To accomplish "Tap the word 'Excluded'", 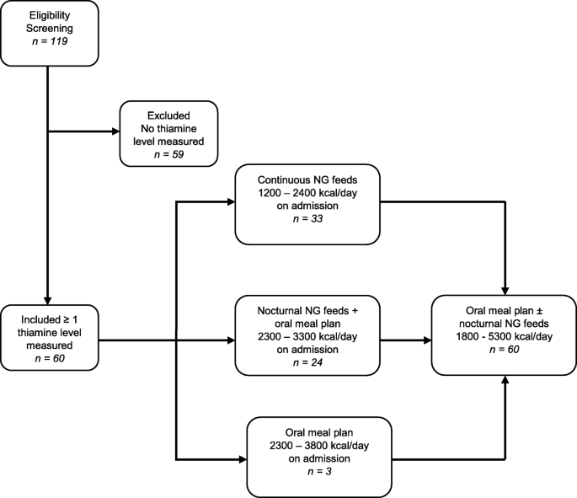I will [x=168, y=114].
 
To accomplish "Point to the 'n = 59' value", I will [x=168, y=154].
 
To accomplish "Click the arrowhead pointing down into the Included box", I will [x=47, y=301].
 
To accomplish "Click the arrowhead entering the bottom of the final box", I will [x=504, y=382].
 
